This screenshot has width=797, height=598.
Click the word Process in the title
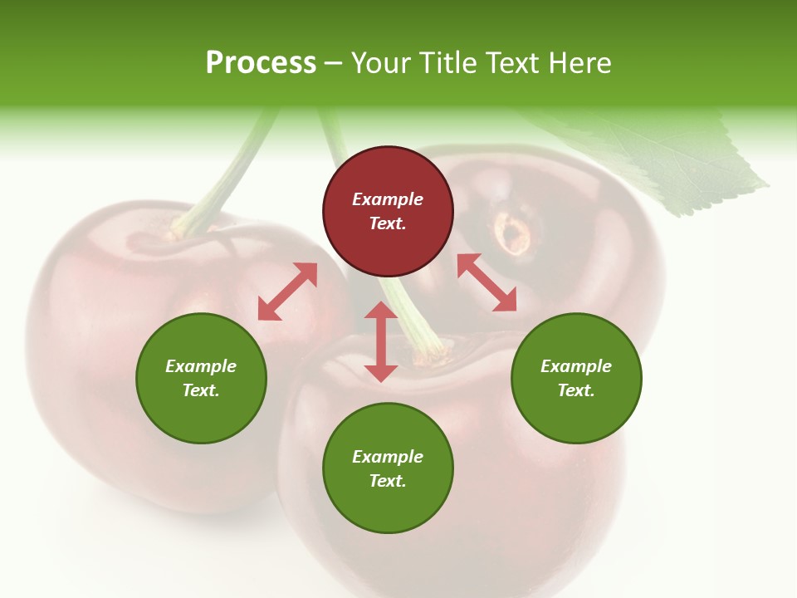click(x=261, y=63)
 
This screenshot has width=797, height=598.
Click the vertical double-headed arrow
click(x=381, y=341)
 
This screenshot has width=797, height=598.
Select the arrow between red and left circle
click(x=287, y=292)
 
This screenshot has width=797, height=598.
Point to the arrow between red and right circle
click(x=487, y=282)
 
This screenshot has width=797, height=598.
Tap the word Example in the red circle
click(x=388, y=199)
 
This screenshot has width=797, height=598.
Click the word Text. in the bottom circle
click(x=388, y=481)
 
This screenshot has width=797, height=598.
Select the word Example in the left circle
click(x=201, y=366)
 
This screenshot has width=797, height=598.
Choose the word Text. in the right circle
click(x=576, y=390)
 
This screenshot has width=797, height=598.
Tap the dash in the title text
click(x=334, y=64)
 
